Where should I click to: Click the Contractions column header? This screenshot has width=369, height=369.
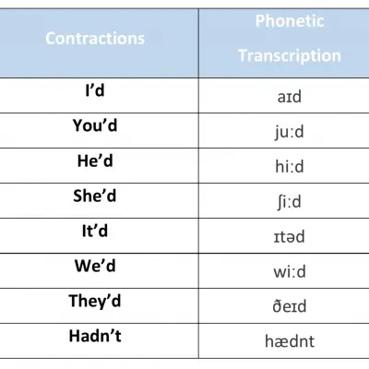pyautogui.click(x=95, y=39)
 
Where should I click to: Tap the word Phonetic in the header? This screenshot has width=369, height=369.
pyautogui.click(x=290, y=21)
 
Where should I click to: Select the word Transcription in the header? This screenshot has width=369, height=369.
pyautogui.click(x=290, y=56)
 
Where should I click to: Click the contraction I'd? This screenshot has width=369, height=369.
pyautogui.click(x=95, y=90)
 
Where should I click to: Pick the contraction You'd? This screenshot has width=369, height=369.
pyautogui.click(x=95, y=125)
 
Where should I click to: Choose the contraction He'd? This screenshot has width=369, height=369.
pyautogui.click(x=95, y=161)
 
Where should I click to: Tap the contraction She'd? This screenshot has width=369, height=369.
pyautogui.click(x=95, y=196)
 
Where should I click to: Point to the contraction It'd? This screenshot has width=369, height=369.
pyautogui.click(x=95, y=231)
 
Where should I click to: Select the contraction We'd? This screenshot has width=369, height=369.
pyautogui.click(x=95, y=266)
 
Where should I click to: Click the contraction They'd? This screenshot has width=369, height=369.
pyautogui.click(x=95, y=301)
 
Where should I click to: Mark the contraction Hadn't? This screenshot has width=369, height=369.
pyautogui.click(x=95, y=336)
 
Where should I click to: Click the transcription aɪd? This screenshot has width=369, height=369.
pyautogui.click(x=290, y=97)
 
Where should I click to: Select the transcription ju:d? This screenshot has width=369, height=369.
pyautogui.click(x=290, y=132)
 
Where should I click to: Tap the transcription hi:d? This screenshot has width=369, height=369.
pyautogui.click(x=290, y=167)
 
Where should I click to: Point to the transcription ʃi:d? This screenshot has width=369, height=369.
pyautogui.click(x=289, y=202)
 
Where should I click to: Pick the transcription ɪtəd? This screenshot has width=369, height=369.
pyautogui.click(x=290, y=237)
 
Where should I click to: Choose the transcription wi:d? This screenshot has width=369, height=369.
pyautogui.click(x=290, y=272)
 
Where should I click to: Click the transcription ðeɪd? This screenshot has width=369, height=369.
pyautogui.click(x=290, y=306)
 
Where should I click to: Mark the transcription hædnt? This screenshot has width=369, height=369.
pyautogui.click(x=290, y=341)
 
